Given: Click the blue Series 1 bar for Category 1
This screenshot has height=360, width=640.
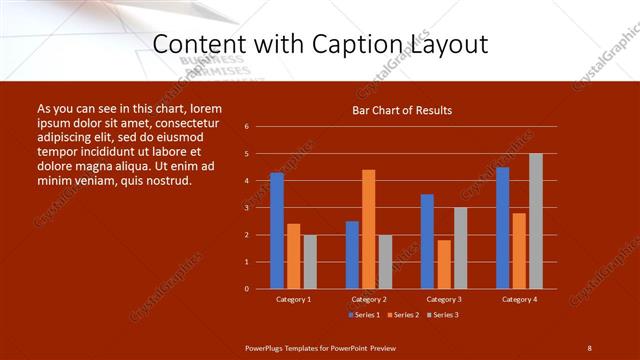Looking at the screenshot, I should point(277,231).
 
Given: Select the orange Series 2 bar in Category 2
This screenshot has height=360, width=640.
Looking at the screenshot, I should point(369,229).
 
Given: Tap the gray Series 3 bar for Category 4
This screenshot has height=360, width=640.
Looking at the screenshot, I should point(536,221).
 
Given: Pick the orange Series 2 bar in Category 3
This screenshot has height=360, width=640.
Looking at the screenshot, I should point(444,264).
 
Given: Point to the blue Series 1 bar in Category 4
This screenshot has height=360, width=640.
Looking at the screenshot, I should point(502,228).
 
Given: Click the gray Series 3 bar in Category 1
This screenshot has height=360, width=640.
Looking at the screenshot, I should point(310,262).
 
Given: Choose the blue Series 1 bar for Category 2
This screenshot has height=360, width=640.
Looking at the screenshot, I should point(352,255).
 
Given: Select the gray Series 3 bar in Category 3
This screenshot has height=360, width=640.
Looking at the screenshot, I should point(461,248).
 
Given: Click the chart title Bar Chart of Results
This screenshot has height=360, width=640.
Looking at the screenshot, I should point(403,110).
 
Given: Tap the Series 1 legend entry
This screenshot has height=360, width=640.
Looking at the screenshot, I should point(364,315).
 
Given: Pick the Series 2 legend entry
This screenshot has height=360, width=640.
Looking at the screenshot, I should point(402,315).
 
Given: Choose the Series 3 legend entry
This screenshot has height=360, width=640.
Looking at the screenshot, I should point(441,315).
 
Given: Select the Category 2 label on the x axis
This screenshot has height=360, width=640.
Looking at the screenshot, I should point(369,299).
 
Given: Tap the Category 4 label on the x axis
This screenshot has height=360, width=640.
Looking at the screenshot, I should point(519,299).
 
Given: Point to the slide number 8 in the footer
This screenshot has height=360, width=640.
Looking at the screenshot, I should point(589,347).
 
